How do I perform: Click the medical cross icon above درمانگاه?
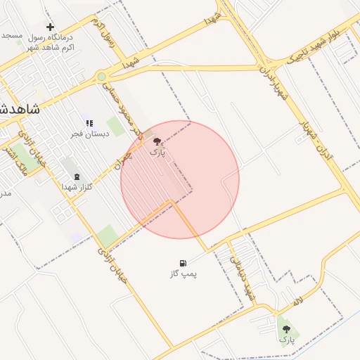click(x=50, y=27)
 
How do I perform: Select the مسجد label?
click(x=11, y=34)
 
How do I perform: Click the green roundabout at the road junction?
click(x=101, y=77)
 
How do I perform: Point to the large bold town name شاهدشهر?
click(x=18, y=110)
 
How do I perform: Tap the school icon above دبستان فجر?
click(x=89, y=123)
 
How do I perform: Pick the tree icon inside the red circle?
click(x=157, y=141)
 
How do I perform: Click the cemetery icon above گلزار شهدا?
click(x=77, y=176)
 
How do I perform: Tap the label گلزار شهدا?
click(x=77, y=187)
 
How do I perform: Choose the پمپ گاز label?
click(x=184, y=272)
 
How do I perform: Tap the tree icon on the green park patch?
click(x=285, y=328)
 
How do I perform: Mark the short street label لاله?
click(x=298, y=301)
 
